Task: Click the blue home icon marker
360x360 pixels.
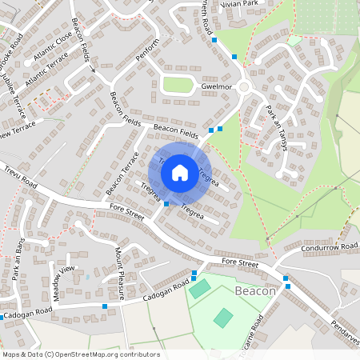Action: pos(180,171)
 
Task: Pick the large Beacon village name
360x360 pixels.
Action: pos(255,292)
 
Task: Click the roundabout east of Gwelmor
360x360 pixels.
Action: pos(243,86)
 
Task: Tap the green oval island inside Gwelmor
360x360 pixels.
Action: pos(178,85)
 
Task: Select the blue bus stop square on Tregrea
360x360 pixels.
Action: pos(166,204)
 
